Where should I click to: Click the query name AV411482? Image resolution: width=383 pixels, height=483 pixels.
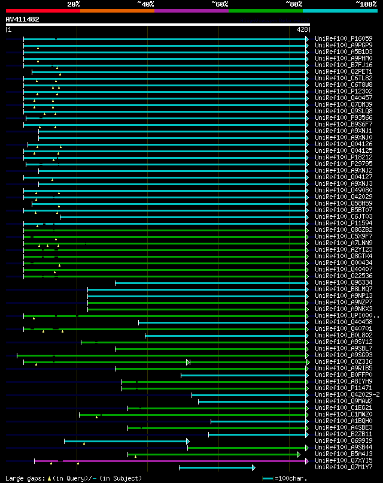tap(23, 19)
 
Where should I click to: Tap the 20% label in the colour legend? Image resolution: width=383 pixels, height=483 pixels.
tap(74, 4)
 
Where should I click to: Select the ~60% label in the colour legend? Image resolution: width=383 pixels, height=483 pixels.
tap(220, 4)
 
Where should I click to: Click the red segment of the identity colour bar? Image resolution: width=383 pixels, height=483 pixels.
tap(42, 10)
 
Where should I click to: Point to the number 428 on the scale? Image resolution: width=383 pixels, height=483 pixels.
tap(302, 29)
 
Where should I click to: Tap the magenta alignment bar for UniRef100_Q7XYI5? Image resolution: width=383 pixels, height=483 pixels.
tap(180, 461)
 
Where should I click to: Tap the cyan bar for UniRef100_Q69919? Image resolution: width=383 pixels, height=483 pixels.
tap(126, 441)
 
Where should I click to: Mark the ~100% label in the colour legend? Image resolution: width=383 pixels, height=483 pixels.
tap(366, 4)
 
